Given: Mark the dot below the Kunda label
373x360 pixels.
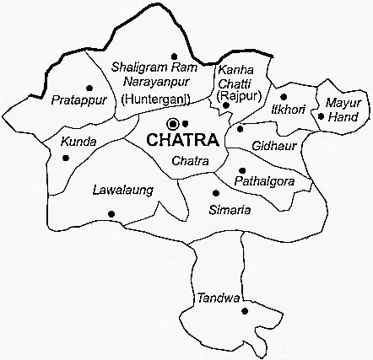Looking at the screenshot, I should pyautogui.click(x=65, y=156).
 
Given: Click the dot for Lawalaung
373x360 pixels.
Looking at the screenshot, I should pyautogui.click(x=111, y=214).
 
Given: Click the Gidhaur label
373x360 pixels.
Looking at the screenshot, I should pyautogui.click(x=271, y=145).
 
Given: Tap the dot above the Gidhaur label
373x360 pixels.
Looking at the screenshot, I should pyautogui.click(x=241, y=129).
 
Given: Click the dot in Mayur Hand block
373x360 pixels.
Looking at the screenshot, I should pyautogui.click(x=322, y=116).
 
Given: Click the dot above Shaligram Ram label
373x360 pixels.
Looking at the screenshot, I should pyautogui.click(x=173, y=55).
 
